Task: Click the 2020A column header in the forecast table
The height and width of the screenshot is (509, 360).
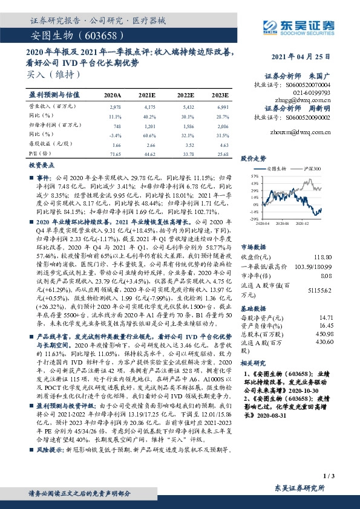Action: tap(113, 96)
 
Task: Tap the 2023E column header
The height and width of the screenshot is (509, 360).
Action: tap(220, 96)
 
